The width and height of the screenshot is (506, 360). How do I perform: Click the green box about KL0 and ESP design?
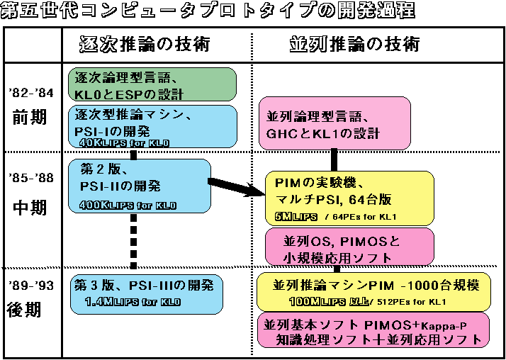[x=152, y=84]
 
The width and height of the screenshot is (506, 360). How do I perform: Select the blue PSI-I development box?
[x=152, y=126]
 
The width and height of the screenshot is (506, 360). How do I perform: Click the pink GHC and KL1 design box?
[x=334, y=124]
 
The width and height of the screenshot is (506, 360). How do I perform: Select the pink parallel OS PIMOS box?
[x=347, y=246]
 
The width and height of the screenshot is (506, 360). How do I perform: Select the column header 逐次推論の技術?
[x=145, y=44]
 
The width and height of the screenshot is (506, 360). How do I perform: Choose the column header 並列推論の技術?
[x=354, y=44]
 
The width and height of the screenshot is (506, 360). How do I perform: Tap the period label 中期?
[x=30, y=208]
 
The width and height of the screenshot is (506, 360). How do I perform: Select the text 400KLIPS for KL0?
[x=129, y=206]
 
